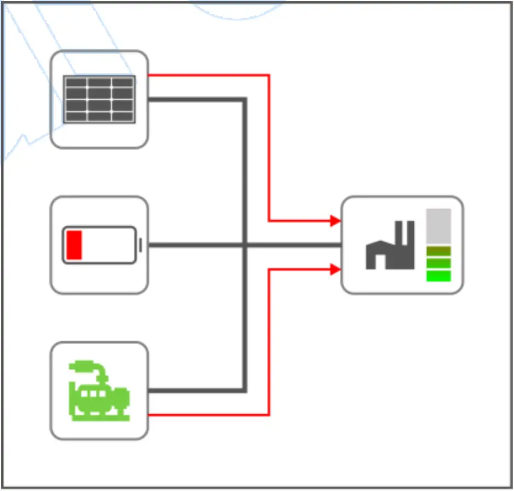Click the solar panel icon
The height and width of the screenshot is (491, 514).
(x=99, y=99)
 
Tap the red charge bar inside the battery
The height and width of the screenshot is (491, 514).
(x=74, y=245)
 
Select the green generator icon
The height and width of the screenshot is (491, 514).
(x=99, y=390)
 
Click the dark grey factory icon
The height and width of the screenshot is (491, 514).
(x=390, y=247)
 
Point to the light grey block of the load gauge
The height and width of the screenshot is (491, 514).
(x=438, y=226)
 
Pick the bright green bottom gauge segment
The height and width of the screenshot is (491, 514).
(x=438, y=276)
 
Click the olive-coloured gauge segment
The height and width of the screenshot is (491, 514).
(x=438, y=251)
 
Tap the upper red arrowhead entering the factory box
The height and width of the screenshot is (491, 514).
(x=336, y=221)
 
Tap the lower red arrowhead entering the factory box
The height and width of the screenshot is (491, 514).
(x=336, y=269)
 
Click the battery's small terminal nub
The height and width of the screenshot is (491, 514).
(x=141, y=245)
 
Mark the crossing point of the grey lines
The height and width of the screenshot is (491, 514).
(x=245, y=245)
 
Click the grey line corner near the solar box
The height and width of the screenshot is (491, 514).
(x=245, y=99)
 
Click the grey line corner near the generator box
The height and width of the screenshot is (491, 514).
(x=245, y=391)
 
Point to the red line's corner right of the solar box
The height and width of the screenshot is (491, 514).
(x=269, y=75)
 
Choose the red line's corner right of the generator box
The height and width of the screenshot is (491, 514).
(x=269, y=415)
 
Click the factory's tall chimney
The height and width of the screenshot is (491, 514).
(x=408, y=236)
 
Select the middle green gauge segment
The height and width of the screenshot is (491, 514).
(x=438, y=263)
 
